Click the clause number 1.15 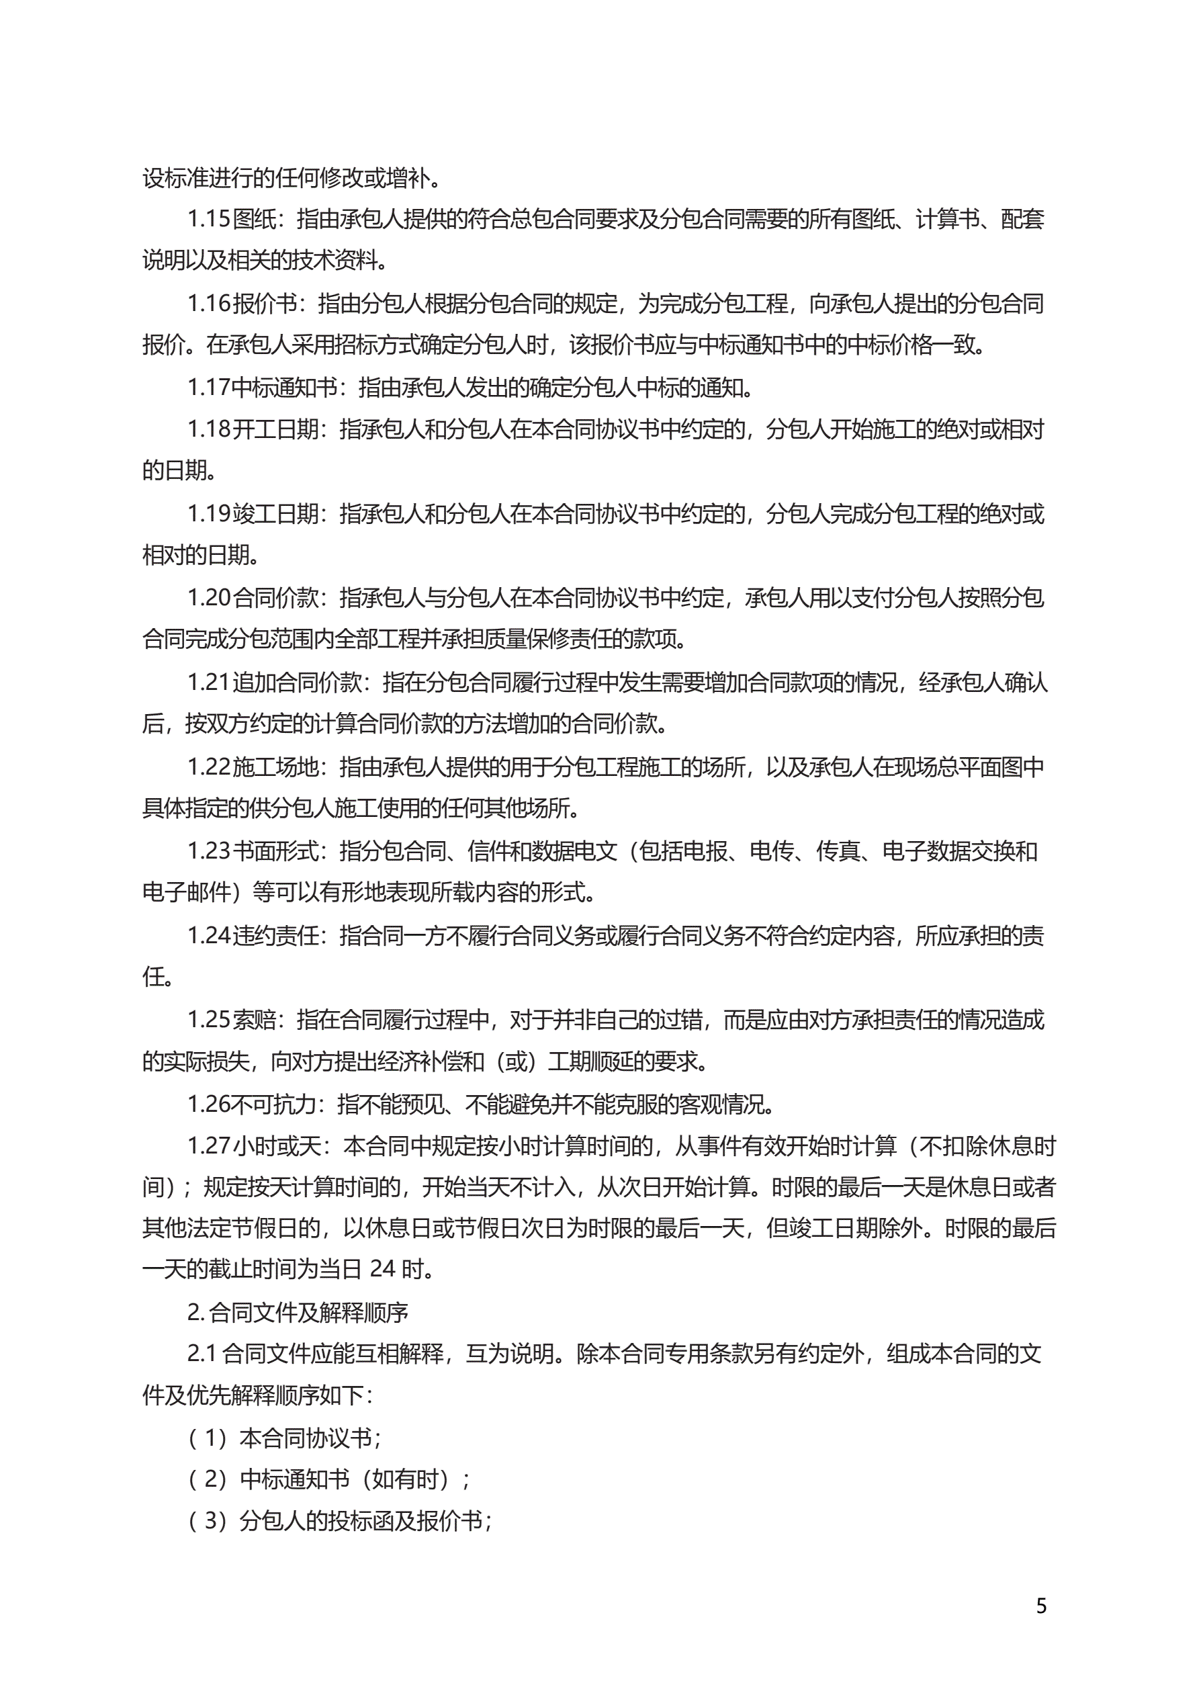209,219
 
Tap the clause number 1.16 209,303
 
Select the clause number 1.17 209,387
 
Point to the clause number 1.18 209,429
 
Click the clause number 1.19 209,514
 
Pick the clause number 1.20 209,598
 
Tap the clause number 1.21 209,682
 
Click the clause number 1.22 209,767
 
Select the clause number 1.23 209,851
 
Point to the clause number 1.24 209,935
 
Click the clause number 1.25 209,1020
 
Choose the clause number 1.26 209,1104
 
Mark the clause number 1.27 209,1146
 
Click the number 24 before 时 382,1269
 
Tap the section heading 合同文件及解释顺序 308,1313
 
